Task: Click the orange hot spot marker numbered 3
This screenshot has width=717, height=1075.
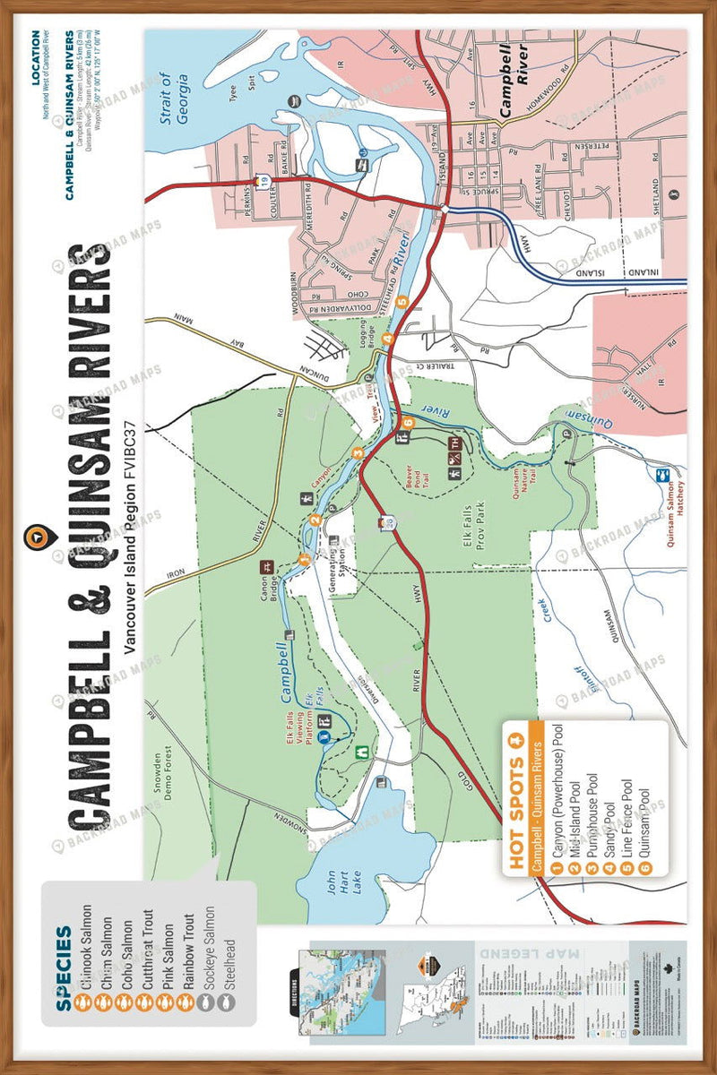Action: click(358, 452)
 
